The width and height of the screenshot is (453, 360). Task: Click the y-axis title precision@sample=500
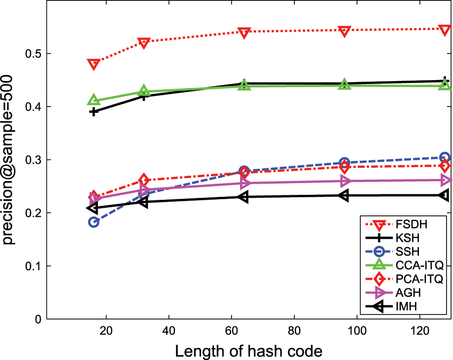click(11, 160)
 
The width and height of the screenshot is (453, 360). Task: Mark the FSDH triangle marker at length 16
click(93, 64)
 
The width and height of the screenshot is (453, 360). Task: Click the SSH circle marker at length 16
click(94, 222)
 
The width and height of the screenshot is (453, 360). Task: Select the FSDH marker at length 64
click(244, 33)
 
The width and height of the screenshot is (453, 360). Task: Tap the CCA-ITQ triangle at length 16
click(93, 101)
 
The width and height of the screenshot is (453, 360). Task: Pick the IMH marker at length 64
click(244, 197)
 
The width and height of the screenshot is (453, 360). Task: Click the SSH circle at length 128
click(444, 158)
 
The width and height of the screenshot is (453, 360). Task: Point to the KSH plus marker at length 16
click(94, 112)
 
